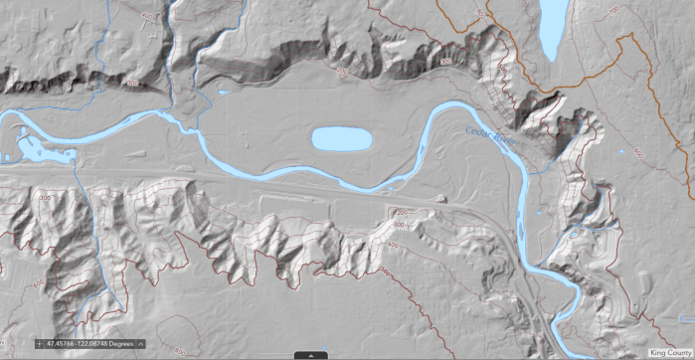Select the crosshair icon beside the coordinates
39,343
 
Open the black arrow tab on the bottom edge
311,354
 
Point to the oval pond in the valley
341,138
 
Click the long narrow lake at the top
550,28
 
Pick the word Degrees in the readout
121,343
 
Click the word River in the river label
499,140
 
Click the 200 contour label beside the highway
402,212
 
